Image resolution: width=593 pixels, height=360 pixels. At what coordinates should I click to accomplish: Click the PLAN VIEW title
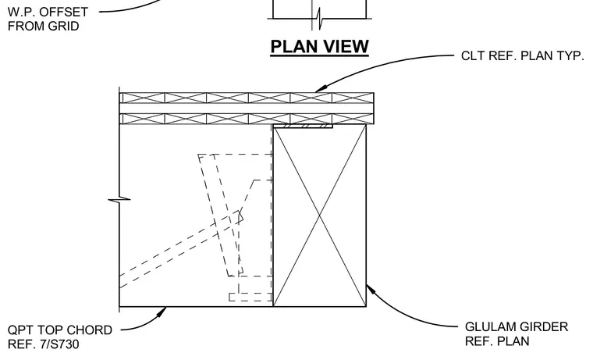(x=320, y=47)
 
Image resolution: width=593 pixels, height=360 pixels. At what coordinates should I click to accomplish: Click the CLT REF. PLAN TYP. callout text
(x=522, y=55)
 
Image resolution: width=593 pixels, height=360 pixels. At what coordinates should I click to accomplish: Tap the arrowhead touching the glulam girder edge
(x=371, y=290)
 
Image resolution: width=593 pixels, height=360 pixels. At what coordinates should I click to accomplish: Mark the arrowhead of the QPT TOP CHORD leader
(x=162, y=312)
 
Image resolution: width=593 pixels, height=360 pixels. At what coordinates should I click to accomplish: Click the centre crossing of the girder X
(x=320, y=216)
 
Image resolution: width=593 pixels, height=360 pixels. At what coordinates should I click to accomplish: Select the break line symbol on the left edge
(x=119, y=199)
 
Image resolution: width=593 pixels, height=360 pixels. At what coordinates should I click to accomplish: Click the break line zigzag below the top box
(x=319, y=19)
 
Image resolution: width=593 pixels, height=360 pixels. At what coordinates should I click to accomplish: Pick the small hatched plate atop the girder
(x=303, y=126)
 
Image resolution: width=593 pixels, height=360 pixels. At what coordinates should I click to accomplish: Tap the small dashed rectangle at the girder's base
(x=250, y=298)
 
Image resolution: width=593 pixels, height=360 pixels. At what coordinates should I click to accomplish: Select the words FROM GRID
(x=43, y=26)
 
